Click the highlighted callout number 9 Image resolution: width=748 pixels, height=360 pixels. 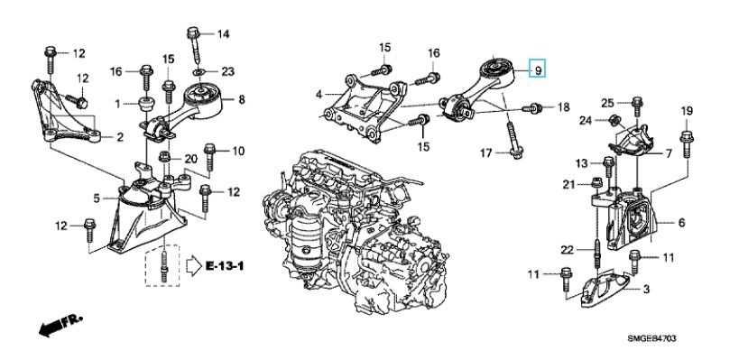tap(538, 69)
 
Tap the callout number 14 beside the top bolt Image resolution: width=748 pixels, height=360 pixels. tap(223, 34)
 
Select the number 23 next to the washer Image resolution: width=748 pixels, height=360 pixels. tap(227, 70)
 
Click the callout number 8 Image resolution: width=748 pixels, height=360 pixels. tap(242, 101)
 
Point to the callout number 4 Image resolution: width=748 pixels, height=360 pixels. tap(319, 94)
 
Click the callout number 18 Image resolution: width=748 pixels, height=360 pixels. tap(563, 107)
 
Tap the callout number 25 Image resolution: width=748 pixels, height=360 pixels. tap(608, 101)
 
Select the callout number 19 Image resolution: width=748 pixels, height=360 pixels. tap(685, 111)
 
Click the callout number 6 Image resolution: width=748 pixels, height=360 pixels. tap(681, 223)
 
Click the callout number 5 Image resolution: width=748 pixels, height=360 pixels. tap(97, 198)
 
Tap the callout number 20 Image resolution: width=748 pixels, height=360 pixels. tap(190, 159)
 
